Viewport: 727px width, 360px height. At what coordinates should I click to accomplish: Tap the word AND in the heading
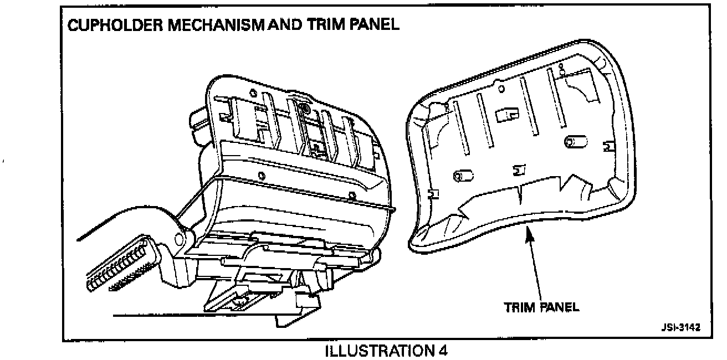(x=282, y=25)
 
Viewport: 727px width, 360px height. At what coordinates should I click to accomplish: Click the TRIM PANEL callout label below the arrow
(x=541, y=307)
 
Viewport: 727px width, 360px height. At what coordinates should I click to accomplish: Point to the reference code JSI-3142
(x=680, y=327)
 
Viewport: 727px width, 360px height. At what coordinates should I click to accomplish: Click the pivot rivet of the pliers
(x=179, y=240)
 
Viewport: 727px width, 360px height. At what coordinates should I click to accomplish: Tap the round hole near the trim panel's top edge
(x=501, y=88)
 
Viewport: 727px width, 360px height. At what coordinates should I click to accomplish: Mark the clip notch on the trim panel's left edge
(x=431, y=194)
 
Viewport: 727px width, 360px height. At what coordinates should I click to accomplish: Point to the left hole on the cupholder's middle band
(x=262, y=176)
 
